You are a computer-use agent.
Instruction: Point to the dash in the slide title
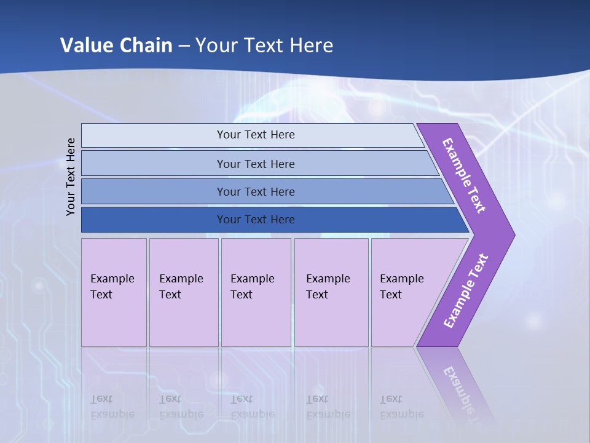click(x=184, y=46)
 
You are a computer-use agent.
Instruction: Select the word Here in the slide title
click(x=311, y=46)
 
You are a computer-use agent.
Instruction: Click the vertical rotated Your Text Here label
click(x=71, y=177)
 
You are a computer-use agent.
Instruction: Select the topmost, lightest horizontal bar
click(x=255, y=135)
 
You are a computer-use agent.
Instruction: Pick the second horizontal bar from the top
click(x=255, y=164)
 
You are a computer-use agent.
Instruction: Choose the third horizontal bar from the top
click(x=255, y=191)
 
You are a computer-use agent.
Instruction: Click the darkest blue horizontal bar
click(x=255, y=220)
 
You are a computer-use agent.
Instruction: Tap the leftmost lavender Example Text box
click(x=114, y=292)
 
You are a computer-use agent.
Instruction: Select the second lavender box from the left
click(x=183, y=292)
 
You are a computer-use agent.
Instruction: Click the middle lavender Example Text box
click(x=256, y=292)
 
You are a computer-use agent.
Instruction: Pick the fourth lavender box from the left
click(x=331, y=292)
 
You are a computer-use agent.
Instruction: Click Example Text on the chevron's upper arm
click(x=464, y=175)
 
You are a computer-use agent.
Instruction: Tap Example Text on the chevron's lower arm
click(x=465, y=291)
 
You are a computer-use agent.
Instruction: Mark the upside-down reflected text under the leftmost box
click(x=112, y=407)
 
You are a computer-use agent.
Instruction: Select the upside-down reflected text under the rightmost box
click(x=401, y=407)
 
